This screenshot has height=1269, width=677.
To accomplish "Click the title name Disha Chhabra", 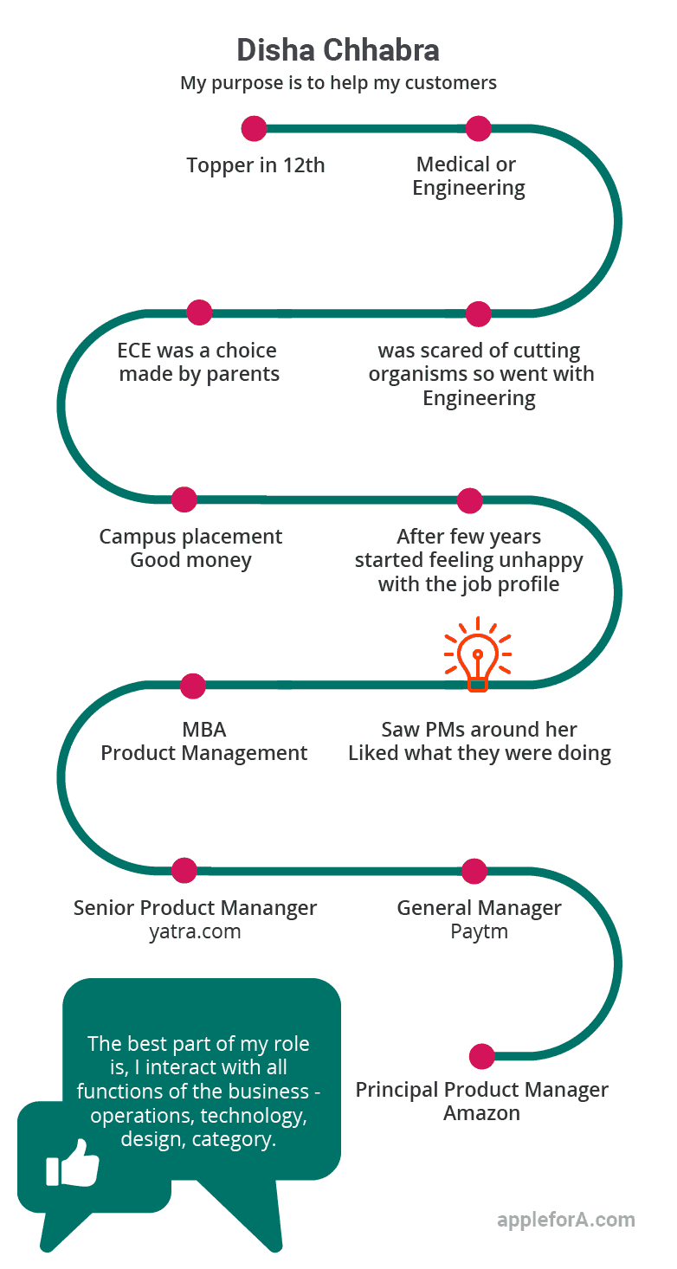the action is (338, 50).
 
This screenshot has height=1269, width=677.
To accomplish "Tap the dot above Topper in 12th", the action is (254, 129).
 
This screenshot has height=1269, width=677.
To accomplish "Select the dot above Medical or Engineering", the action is (478, 129).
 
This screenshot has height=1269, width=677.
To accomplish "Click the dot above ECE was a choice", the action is (199, 312).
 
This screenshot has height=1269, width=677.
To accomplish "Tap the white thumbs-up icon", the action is (73, 1163).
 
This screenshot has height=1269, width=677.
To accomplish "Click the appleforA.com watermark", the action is (566, 1220).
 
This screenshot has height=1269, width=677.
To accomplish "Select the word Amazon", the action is (481, 1113).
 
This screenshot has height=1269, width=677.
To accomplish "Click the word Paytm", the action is (480, 931).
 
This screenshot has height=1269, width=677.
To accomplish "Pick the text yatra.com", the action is (195, 931).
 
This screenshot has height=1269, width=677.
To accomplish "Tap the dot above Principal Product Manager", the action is (482, 1057).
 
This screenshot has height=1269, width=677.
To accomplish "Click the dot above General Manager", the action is (474, 872).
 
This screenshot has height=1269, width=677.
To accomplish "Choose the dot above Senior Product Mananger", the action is (184, 871).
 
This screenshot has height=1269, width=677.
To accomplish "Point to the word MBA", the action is (204, 729).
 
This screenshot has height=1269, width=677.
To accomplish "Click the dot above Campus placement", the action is (184, 499).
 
